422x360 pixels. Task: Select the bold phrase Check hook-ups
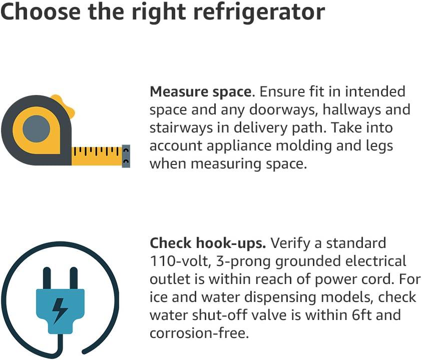[208, 243]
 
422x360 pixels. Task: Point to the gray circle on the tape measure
[37, 129]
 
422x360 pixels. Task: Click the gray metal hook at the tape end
[126, 156]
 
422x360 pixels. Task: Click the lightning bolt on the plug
[60, 310]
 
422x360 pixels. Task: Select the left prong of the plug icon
[47, 278]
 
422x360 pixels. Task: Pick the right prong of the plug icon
[74, 278]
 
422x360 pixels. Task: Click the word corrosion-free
[199, 333]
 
